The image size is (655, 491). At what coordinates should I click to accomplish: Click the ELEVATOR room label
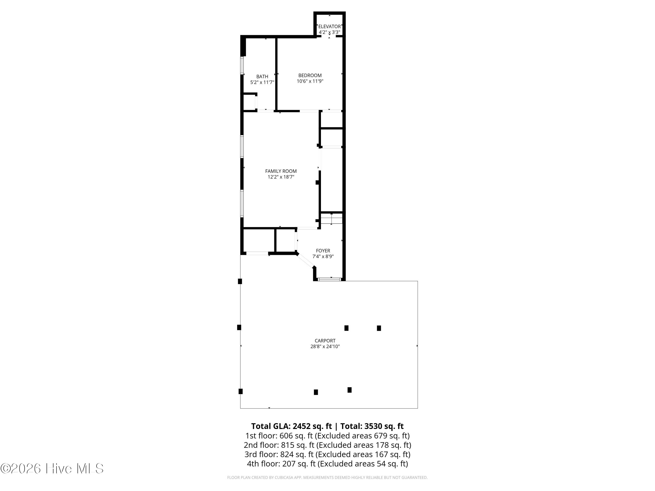[329, 26]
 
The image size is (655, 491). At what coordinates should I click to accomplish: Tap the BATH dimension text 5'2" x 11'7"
[262, 82]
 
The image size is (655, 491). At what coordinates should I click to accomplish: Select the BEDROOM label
[310, 76]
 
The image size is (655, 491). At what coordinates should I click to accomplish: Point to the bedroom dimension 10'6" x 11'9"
[310, 81]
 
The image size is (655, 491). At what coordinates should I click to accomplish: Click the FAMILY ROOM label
[281, 171]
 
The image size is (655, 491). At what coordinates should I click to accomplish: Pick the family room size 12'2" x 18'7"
[281, 177]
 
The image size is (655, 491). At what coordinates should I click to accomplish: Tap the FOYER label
[323, 251]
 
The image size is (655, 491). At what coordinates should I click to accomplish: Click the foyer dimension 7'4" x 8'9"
[323, 257]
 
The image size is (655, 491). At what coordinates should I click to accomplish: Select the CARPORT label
[325, 341]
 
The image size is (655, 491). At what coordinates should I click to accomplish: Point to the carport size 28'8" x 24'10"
[325, 347]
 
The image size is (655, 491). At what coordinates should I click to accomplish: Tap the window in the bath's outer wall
[242, 65]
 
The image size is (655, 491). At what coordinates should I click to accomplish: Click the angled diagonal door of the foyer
[305, 261]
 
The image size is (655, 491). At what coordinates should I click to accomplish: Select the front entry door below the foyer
[329, 279]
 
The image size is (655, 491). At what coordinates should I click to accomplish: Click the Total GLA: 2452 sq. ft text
[291, 426]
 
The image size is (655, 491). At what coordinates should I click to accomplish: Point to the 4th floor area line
[327, 464]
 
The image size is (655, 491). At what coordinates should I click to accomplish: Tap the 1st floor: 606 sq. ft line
[327, 436]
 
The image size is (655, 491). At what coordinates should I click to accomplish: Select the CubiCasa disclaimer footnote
[327, 477]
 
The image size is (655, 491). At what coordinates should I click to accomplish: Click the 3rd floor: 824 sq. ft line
[327, 454]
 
